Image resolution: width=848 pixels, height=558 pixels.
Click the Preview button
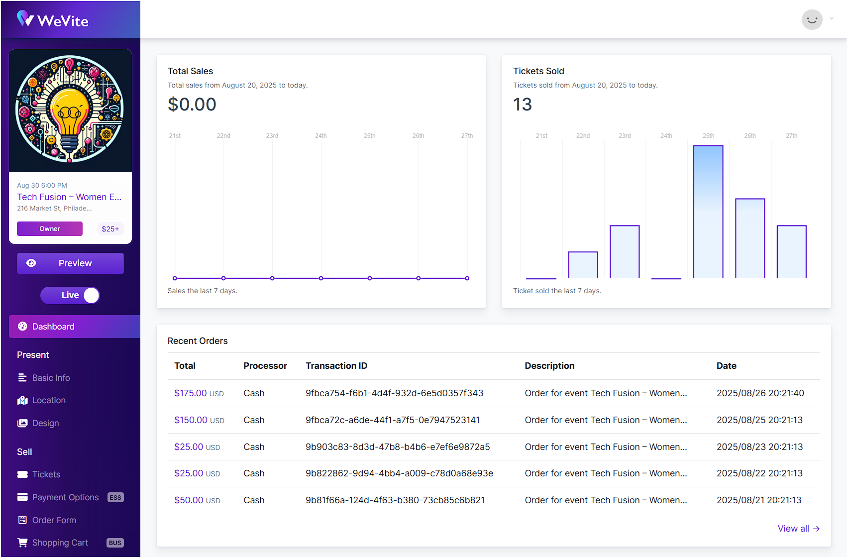tap(70, 263)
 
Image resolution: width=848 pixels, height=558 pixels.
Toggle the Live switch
tap(70, 295)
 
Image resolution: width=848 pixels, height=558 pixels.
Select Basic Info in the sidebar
tap(51, 378)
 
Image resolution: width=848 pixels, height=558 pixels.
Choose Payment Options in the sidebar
tap(65, 497)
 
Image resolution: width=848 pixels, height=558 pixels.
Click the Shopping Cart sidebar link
tap(60, 543)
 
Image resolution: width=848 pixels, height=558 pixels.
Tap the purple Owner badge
tap(50, 229)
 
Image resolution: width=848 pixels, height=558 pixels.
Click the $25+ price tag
tap(110, 229)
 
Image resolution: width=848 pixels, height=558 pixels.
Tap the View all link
tap(798, 529)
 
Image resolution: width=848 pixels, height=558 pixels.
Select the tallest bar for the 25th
tap(708, 212)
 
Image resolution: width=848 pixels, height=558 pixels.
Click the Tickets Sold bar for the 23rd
tap(625, 252)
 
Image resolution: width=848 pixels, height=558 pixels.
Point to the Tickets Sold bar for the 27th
tap(791, 252)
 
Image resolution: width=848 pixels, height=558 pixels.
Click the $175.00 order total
tap(191, 393)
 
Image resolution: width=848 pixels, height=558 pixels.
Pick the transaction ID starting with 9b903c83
tap(398, 447)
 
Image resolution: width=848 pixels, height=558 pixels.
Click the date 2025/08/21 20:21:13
tap(759, 500)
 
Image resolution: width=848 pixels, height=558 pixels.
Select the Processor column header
tap(265, 366)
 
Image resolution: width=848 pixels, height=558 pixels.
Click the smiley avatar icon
tap(812, 20)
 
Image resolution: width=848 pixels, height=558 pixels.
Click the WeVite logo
tap(53, 20)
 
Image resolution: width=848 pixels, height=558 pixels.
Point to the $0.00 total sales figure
tap(192, 105)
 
